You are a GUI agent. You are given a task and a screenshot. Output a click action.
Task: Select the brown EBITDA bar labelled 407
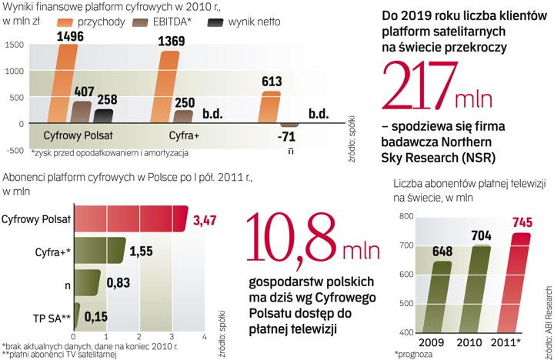(x=81, y=112)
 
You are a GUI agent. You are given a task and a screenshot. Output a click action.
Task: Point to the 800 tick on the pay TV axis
(x=405, y=218)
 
